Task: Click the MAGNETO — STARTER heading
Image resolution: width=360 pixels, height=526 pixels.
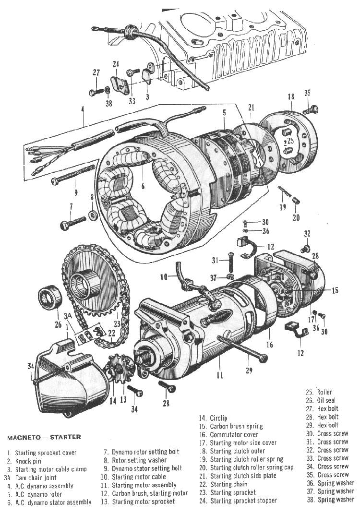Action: (44, 437)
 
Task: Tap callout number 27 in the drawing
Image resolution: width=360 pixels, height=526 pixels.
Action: (96, 72)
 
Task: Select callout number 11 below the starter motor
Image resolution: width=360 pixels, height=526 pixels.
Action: (220, 375)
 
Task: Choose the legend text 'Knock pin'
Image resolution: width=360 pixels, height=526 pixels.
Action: (29, 461)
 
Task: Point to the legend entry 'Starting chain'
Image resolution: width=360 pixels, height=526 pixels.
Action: (228, 484)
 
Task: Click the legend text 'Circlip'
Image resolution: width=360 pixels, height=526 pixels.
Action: (219, 418)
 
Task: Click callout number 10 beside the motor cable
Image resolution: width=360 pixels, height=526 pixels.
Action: (164, 276)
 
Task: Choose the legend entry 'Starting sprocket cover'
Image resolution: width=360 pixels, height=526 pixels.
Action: (46, 453)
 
